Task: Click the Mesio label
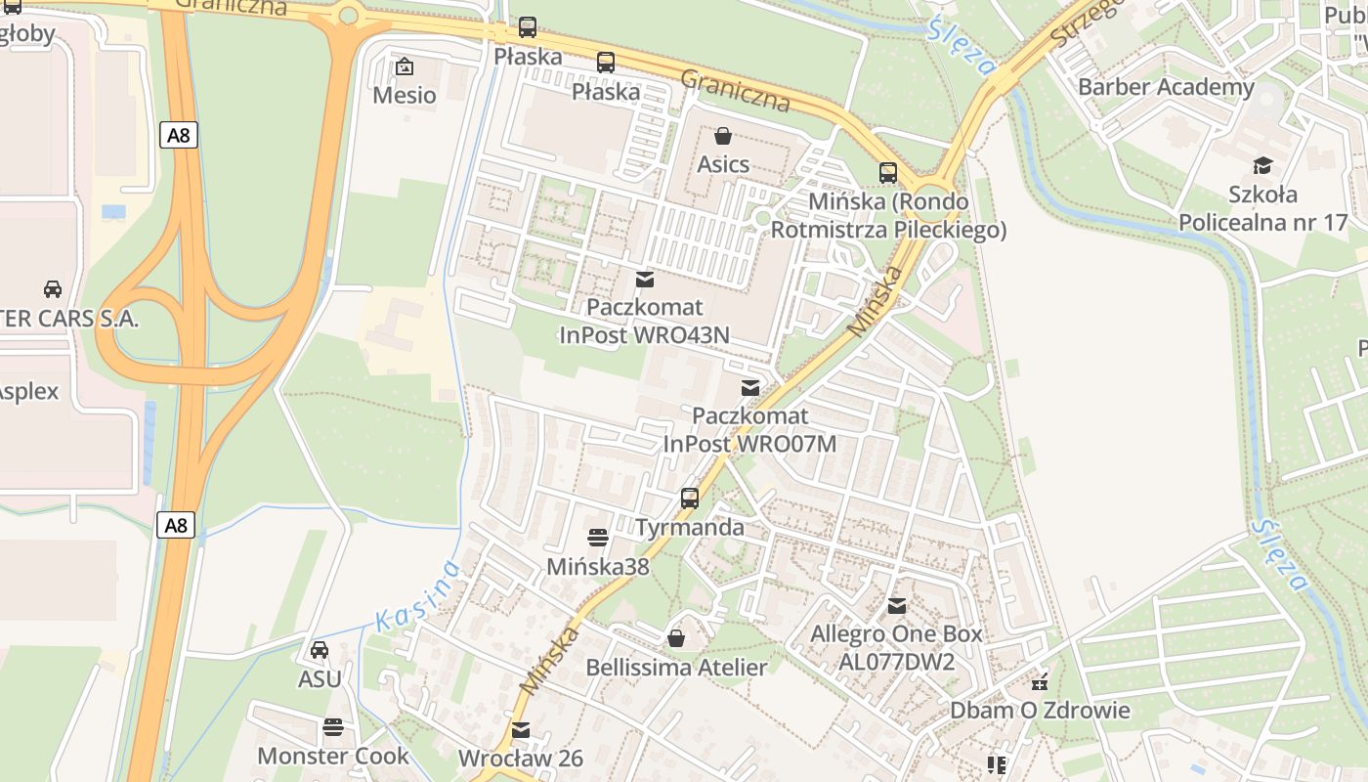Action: click(x=405, y=95)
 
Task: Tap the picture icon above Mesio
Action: click(x=404, y=66)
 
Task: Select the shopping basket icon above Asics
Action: click(x=723, y=136)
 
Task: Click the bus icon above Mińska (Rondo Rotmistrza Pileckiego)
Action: click(x=888, y=173)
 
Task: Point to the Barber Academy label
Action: click(x=1166, y=87)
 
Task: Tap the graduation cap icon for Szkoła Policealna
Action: click(x=1263, y=165)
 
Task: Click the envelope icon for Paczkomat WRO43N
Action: click(x=645, y=280)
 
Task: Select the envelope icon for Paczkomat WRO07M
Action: click(x=750, y=388)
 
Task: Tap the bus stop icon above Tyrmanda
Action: click(x=690, y=499)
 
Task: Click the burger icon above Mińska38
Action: click(x=598, y=538)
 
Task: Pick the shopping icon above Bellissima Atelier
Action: click(x=675, y=639)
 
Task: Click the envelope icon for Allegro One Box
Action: click(x=897, y=606)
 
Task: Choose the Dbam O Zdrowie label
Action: click(x=1040, y=710)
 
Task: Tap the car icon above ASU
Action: click(x=320, y=650)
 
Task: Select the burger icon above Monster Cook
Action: click(x=333, y=727)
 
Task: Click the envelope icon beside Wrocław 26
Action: click(x=521, y=730)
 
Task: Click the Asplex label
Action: click(x=28, y=391)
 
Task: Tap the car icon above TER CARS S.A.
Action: click(x=53, y=289)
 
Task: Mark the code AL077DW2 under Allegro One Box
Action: click(x=896, y=662)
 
